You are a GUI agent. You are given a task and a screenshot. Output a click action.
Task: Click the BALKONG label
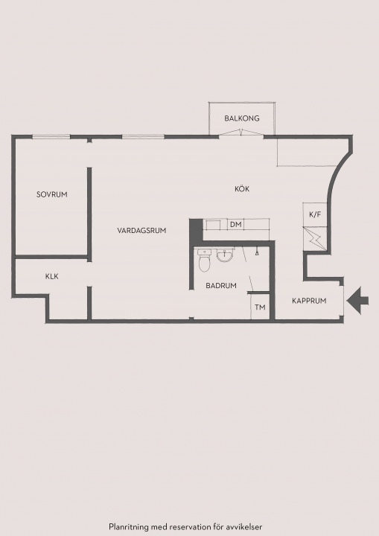click(242, 118)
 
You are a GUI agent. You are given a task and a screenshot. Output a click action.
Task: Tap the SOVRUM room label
click(51, 194)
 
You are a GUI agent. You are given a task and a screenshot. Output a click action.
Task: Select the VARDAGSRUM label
click(141, 230)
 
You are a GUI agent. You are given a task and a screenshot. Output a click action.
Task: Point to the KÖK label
click(242, 188)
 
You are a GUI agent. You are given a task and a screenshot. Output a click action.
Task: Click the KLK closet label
click(51, 276)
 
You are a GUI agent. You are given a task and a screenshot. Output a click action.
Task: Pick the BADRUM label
click(221, 285)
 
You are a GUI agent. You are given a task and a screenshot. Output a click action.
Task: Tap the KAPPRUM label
click(309, 301)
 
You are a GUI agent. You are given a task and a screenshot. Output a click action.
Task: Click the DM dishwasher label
click(236, 225)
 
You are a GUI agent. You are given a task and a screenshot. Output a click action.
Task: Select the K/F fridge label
click(315, 214)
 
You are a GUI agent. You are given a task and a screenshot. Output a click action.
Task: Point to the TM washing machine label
click(260, 307)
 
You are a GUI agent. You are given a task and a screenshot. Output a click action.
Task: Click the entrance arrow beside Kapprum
click(357, 301)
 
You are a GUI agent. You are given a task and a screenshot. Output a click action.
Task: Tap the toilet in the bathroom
click(204, 261)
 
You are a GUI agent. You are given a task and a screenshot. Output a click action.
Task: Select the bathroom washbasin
click(225, 255)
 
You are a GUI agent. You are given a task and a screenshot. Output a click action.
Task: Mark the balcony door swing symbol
click(241, 133)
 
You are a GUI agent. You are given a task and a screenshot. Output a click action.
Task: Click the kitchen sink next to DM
click(214, 226)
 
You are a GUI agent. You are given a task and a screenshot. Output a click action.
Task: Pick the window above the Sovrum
click(51, 137)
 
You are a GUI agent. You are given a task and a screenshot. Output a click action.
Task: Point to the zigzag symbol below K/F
click(315, 239)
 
